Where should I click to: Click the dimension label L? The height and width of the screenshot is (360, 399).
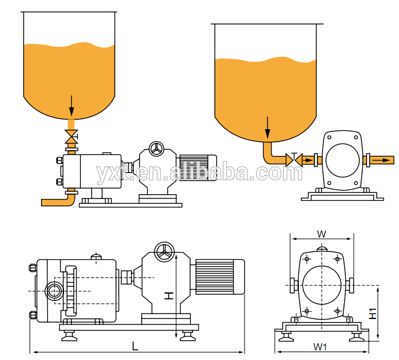click(x=135, y=346)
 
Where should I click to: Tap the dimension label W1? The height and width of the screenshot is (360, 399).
click(x=320, y=347)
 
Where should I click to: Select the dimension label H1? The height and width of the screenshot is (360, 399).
click(x=372, y=314)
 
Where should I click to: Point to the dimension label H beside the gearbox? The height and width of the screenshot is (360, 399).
click(x=168, y=296)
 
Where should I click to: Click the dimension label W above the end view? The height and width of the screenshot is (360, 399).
click(x=321, y=234)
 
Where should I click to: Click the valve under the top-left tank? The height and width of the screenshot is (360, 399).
click(x=71, y=136)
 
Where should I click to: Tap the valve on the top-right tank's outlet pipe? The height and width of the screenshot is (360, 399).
click(x=294, y=160)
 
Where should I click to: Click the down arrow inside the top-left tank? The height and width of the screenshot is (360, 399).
click(x=71, y=106)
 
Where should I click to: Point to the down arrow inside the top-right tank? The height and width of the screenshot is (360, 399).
click(x=267, y=128)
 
